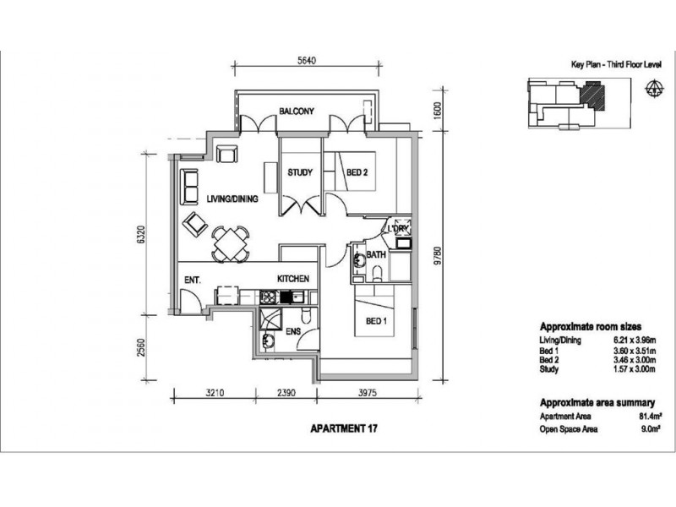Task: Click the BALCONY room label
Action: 297,112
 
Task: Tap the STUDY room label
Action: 300,172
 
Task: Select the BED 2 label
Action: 357,172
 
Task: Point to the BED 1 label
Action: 376,321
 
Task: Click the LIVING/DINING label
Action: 232,199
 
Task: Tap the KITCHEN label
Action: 293,279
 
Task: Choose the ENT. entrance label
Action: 193,281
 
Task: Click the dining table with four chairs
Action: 231,244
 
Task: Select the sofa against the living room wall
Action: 189,187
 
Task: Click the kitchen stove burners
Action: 269,297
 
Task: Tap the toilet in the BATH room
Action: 377,273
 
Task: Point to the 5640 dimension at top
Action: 307,60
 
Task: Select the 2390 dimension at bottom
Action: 286,393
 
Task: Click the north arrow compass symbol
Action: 654,88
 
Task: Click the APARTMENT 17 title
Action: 344,428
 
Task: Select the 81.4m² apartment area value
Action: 650,417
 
